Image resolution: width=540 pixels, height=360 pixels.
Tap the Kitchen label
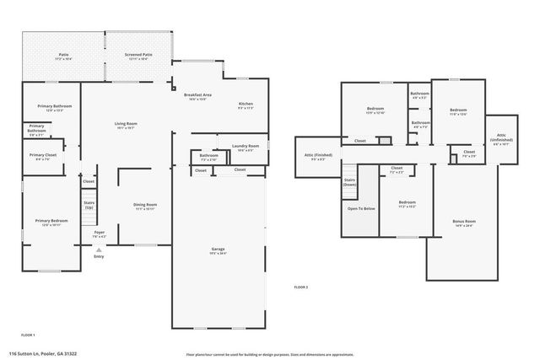coord(246,105)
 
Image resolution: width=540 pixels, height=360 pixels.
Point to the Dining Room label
coord(146,206)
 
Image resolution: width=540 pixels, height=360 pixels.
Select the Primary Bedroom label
coord(51,222)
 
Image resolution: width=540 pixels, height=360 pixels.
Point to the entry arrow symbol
coord(99,250)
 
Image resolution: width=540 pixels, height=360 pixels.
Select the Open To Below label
coord(361,208)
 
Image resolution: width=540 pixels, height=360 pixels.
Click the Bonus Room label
coord(464,223)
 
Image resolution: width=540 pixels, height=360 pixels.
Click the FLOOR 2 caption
coord(301,287)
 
